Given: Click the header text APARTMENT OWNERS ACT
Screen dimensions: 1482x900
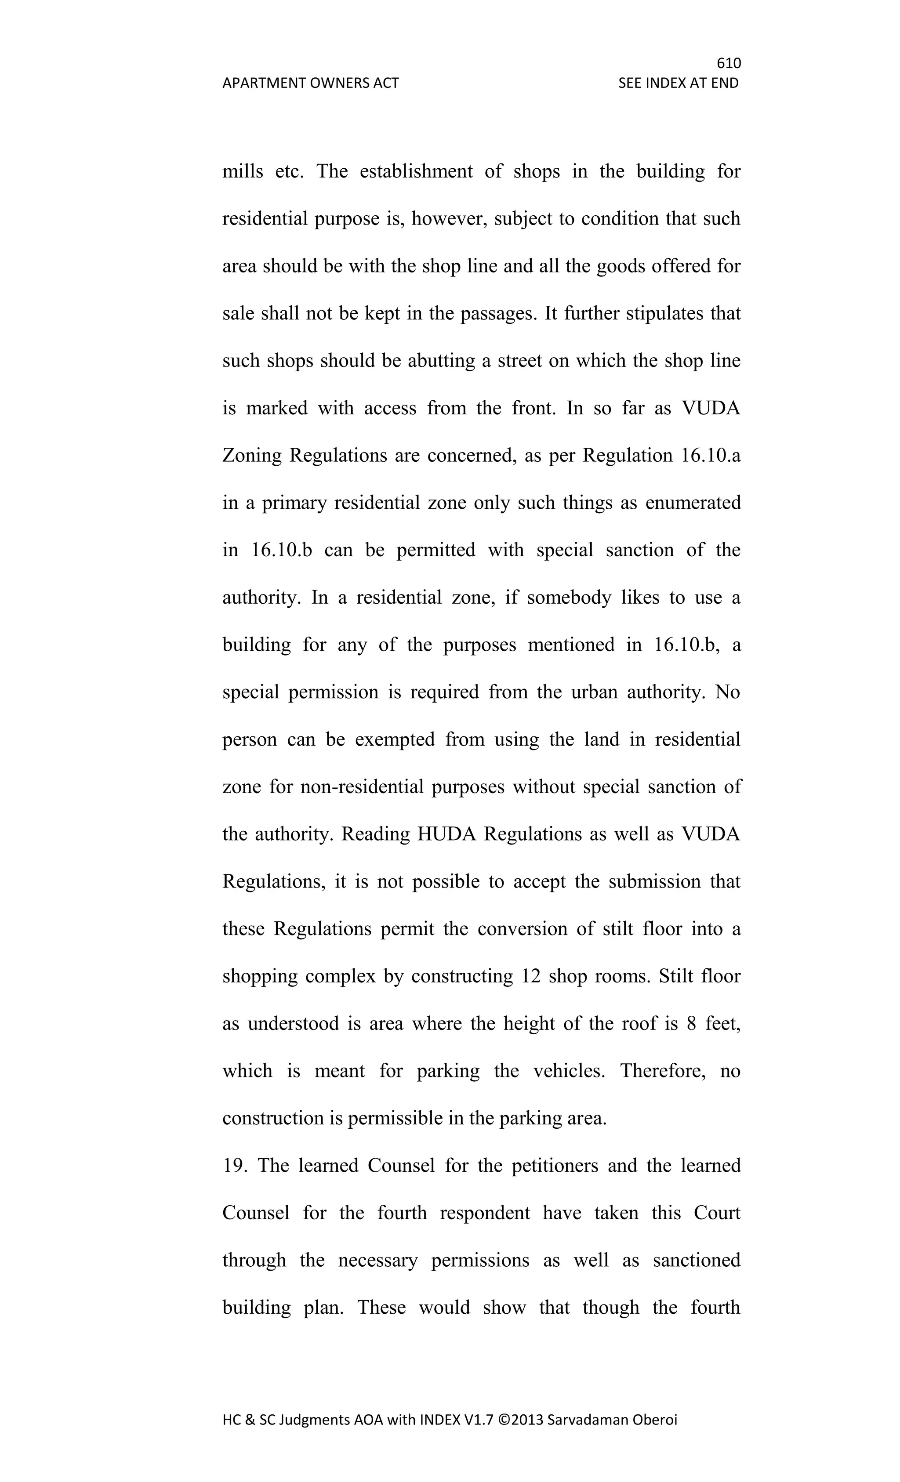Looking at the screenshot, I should coord(310,83).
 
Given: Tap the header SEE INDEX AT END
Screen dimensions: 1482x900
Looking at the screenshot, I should coord(678,83).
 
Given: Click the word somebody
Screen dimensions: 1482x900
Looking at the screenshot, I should coord(569,598).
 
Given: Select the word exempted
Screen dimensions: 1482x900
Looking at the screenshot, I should coord(395,740).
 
